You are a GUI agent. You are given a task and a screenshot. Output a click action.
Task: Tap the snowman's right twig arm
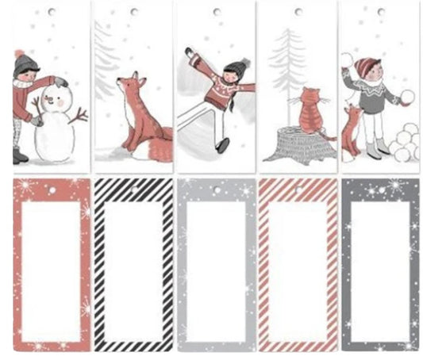coord(78,116)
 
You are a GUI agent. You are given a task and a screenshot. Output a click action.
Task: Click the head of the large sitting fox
coord(129,86)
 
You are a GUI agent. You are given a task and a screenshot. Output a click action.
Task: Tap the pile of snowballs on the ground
coord(403,143)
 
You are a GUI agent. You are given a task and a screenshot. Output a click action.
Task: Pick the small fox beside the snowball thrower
coord(351,131)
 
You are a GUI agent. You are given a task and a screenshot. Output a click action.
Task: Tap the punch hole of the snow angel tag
coord(216,12)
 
